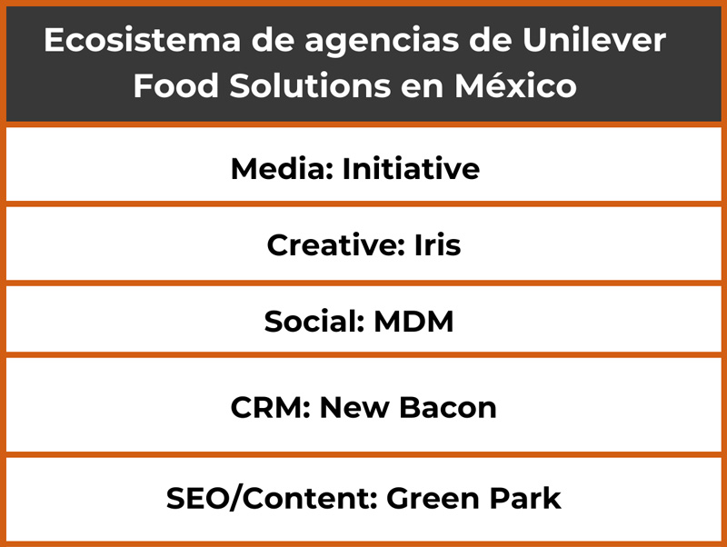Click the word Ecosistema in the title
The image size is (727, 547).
pyautogui.click(x=143, y=40)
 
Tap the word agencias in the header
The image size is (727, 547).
pyautogui.click(x=382, y=43)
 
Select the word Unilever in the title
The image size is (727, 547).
pyautogui.click(x=594, y=40)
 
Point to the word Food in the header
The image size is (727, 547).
pyautogui.click(x=176, y=85)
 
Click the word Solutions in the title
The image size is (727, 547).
pyautogui.click(x=310, y=85)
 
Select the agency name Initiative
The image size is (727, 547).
pyautogui.click(x=411, y=168)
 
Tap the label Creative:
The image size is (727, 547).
pyautogui.click(x=335, y=244)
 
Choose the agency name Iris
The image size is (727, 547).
pyautogui.click(x=437, y=244)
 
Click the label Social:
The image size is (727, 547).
pyautogui.click(x=314, y=322)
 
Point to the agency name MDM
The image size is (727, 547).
pyautogui.click(x=413, y=322)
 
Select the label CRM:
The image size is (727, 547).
pyautogui.click(x=270, y=408)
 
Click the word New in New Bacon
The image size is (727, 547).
pyautogui.click(x=354, y=408)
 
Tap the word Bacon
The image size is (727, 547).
pyautogui.click(x=447, y=408)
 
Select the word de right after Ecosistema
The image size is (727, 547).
pyautogui.click(x=274, y=40)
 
